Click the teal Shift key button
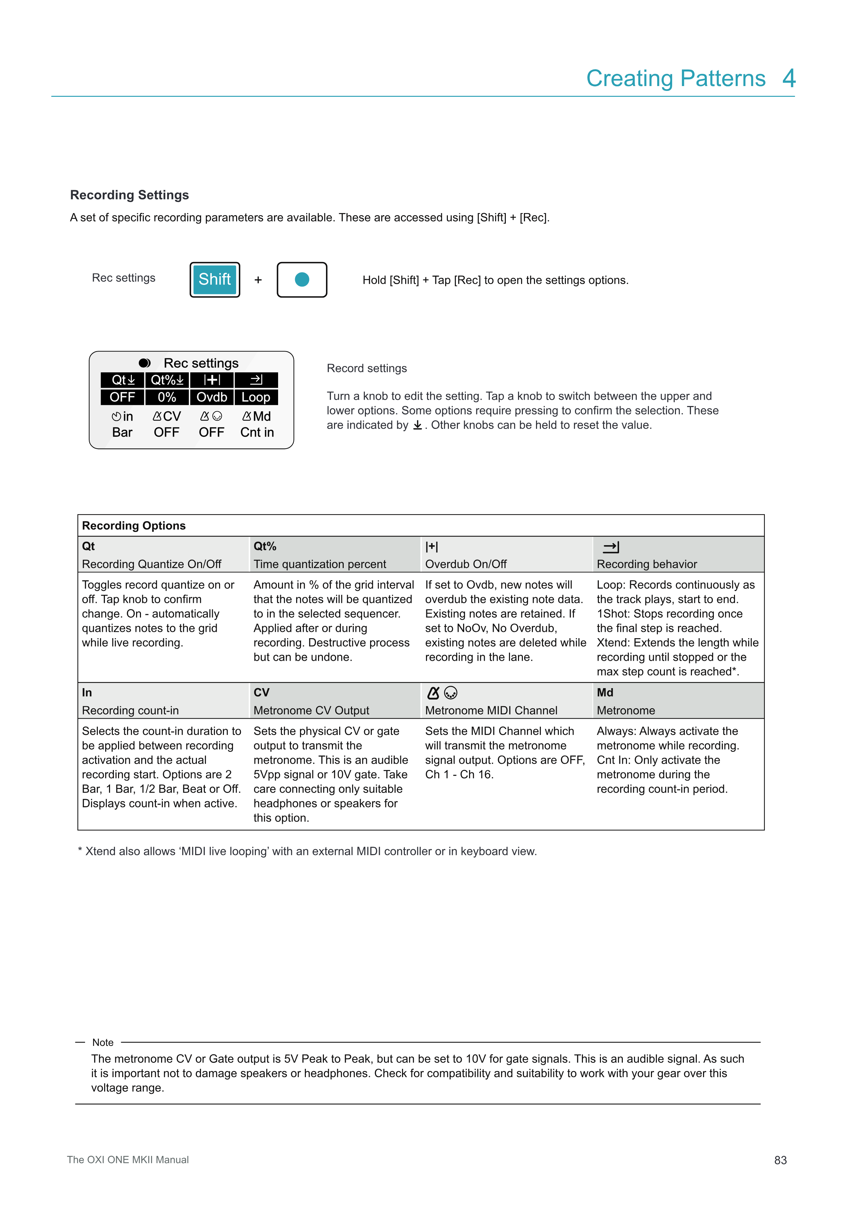coord(215,279)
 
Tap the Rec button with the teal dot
coord(302,279)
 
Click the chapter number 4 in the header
coord(789,78)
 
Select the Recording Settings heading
coord(129,195)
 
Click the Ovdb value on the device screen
coord(211,397)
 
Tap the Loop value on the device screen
coord(256,397)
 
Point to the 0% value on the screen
coord(167,397)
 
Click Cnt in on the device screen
coord(257,432)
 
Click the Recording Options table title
coord(134,525)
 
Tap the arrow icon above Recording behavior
coord(611,547)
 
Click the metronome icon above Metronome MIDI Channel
coord(434,693)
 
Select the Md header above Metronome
coord(605,692)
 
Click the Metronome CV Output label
coord(311,710)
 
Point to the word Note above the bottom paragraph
coord(103,1042)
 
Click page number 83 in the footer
coord(780,1160)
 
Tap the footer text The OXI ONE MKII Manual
coord(128,1159)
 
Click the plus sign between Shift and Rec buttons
coord(258,280)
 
